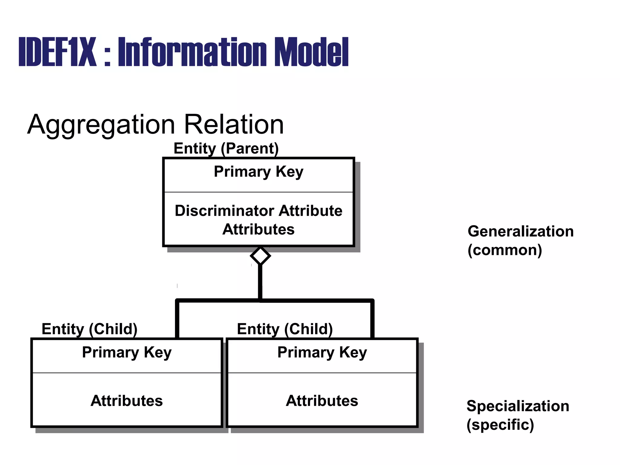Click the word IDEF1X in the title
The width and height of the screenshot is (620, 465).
pos(58,52)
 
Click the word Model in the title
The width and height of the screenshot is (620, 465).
pos(312,52)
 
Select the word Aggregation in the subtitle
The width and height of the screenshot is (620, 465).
pos(101,125)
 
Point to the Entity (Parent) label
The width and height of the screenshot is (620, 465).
pos(226,148)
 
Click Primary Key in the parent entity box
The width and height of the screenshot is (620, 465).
pos(258,172)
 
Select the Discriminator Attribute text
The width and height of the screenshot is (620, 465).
pos(258,211)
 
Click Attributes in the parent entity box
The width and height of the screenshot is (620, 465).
pos(258,229)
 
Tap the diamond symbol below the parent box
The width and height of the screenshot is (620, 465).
pos(260,256)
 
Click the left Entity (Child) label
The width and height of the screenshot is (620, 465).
pos(89,329)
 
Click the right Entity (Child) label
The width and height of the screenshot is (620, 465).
pos(285,329)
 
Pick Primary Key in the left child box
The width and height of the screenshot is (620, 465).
pos(127,352)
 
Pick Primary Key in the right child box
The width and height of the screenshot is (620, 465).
pos(322,352)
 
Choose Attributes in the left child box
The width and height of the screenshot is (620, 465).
pos(127,401)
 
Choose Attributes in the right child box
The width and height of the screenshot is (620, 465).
pos(322,401)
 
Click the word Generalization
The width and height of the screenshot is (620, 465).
pos(520,232)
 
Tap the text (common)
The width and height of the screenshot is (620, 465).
pos(505,250)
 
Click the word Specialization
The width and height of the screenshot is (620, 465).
pos(518,406)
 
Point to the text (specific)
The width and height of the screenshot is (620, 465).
pos(500,425)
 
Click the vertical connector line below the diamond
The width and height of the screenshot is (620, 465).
pos(260,282)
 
